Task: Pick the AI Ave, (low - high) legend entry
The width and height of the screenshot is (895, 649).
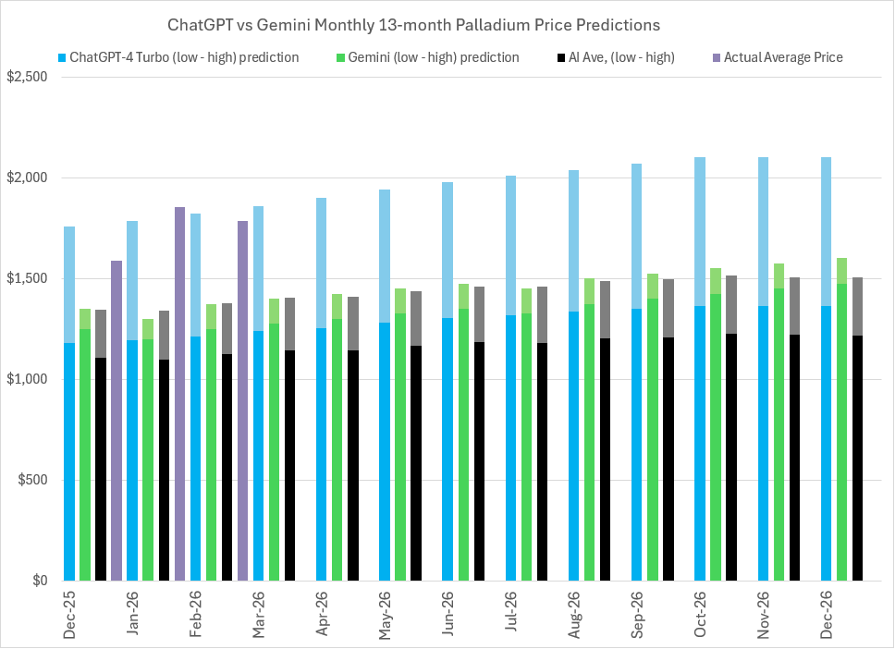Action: [615, 57]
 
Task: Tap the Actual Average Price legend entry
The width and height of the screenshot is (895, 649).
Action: [782, 57]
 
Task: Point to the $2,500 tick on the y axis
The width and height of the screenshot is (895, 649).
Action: [27, 77]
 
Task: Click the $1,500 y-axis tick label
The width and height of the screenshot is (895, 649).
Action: [27, 278]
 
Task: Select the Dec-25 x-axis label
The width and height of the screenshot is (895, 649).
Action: [70, 614]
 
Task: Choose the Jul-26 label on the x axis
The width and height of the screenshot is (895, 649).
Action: [510, 614]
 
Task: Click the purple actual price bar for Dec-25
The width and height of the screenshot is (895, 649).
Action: [116, 421]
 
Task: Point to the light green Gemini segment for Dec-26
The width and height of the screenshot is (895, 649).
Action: [841, 270]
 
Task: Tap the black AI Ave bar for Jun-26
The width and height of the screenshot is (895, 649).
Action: [479, 461]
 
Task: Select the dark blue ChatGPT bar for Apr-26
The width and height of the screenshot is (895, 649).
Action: [322, 454]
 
